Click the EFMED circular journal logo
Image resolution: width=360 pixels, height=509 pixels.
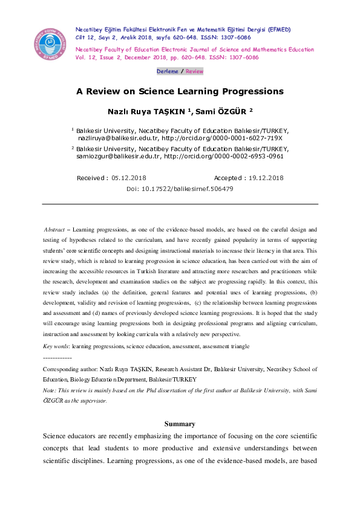[x=50, y=42]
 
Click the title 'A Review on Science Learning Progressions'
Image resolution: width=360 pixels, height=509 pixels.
[x=180, y=92]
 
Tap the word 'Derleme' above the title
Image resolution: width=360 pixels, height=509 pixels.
[x=168, y=71]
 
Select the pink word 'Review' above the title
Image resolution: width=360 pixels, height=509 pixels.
[x=194, y=71]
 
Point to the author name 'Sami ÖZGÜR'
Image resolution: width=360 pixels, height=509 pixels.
[x=212, y=111]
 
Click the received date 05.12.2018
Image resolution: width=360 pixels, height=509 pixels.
[x=129, y=178]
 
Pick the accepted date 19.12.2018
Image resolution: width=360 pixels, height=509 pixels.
[x=266, y=178]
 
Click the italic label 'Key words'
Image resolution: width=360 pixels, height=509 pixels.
[x=56, y=346]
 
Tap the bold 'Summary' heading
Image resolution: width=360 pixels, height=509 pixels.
[x=180, y=424]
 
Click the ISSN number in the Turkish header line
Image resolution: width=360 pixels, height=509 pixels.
[x=235, y=37]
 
